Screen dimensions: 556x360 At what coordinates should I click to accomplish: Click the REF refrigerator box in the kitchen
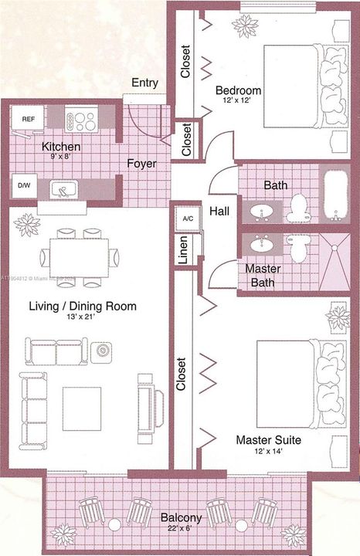tap(29, 119)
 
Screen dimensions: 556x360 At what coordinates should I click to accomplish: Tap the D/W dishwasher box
tap(24, 186)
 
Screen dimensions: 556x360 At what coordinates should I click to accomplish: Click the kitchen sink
tap(61, 188)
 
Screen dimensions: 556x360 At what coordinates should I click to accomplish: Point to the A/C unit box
tap(188, 218)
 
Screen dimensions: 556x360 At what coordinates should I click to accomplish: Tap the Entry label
tap(145, 83)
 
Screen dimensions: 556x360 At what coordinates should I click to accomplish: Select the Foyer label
tap(143, 164)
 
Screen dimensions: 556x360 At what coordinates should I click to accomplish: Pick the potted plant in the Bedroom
tap(246, 26)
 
